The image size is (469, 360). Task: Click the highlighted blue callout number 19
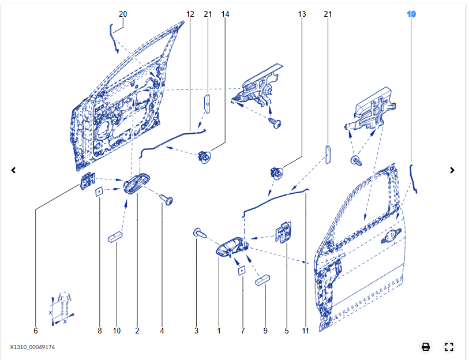pyautogui.click(x=411, y=14)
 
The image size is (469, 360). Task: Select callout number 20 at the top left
pyautogui.click(x=122, y=14)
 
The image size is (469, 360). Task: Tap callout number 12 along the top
pyautogui.click(x=190, y=14)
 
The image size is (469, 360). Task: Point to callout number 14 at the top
pyautogui.click(x=225, y=14)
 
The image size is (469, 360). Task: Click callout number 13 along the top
pyautogui.click(x=302, y=14)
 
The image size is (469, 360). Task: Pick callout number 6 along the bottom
pyautogui.click(x=35, y=331)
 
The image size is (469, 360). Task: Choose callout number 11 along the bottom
pyautogui.click(x=305, y=331)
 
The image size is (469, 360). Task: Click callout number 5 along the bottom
pyautogui.click(x=286, y=331)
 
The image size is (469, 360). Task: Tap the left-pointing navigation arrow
pyautogui.click(x=14, y=170)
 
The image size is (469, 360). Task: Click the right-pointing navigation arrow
pyautogui.click(x=452, y=170)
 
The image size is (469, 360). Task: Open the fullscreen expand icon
pyautogui.click(x=449, y=347)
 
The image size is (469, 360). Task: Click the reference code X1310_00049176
pyautogui.click(x=32, y=347)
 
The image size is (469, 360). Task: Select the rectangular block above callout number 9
pyautogui.click(x=263, y=280)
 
